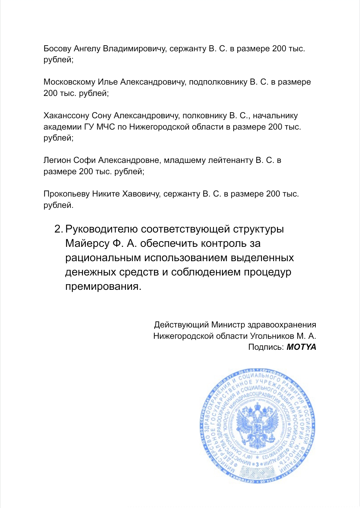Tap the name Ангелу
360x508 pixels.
point(87,49)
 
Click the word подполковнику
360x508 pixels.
point(218,82)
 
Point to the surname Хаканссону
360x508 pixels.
point(66,116)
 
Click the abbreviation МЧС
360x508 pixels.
point(106,127)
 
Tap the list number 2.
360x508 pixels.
point(58,229)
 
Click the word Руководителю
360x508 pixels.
point(101,229)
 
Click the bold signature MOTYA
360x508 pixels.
point(301,347)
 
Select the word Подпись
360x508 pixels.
point(266,347)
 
